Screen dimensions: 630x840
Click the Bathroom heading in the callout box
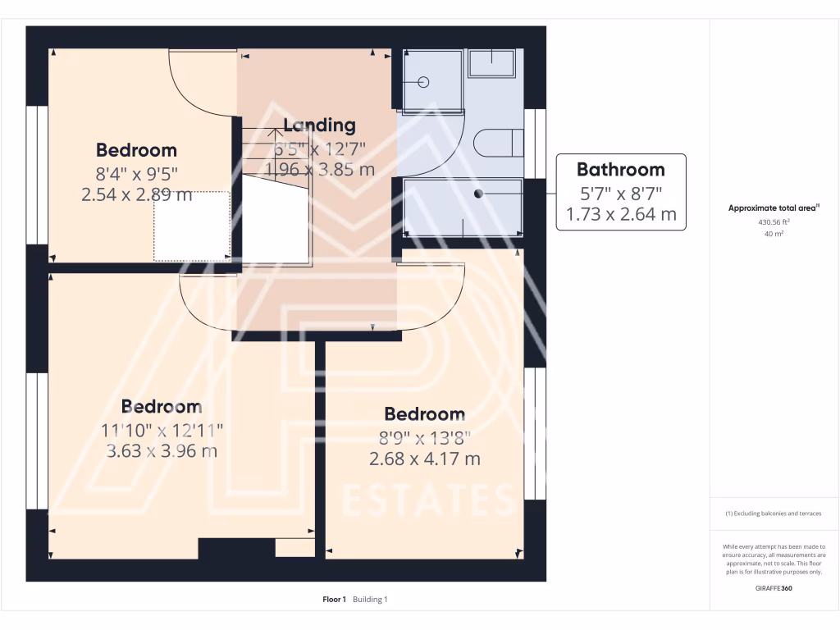tap(620, 170)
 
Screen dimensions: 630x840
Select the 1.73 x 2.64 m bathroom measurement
tap(621, 215)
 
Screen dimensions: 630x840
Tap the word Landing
tap(319, 126)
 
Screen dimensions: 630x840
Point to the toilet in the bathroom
tap(498, 143)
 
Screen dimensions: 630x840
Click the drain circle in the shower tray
tap(424, 82)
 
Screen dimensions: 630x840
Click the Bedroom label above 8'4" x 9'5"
tap(136, 150)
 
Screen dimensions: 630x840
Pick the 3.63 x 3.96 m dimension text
tap(162, 450)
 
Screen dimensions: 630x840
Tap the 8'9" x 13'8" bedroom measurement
tap(424, 436)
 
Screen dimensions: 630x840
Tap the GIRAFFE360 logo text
tap(774, 588)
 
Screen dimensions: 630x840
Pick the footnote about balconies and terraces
tap(774, 514)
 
